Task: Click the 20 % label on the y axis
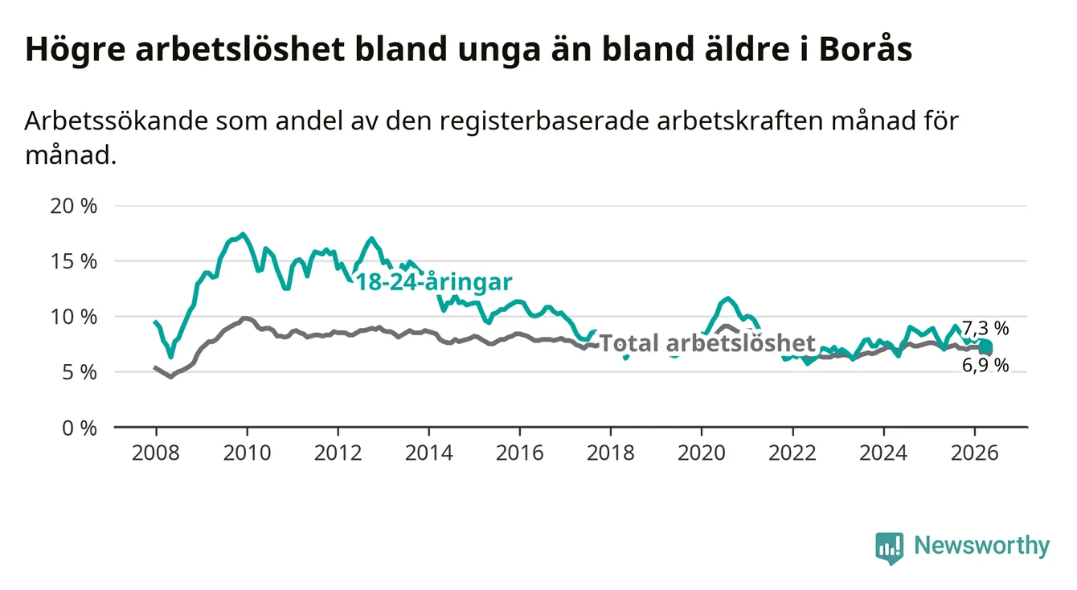[x=74, y=206]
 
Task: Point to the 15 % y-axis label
[x=74, y=261]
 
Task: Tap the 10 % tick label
[x=74, y=318]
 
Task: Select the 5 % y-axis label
[x=80, y=373]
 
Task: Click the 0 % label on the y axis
[x=80, y=428]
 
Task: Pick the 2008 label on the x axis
[x=156, y=453]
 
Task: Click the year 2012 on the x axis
[x=338, y=453]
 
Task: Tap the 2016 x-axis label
[x=520, y=453]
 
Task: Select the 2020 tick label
[x=702, y=453]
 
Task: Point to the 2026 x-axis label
[x=975, y=453]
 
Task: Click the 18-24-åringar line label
[x=434, y=282]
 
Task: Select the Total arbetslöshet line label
[x=708, y=343]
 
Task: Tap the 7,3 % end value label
[x=985, y=329]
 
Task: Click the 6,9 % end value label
[x=985, y=366]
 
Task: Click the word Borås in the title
[x=866, y=49]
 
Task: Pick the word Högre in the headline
[x=76, y=50]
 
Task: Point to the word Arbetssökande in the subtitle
[x=117, y=121]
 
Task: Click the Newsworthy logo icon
[x=889, y=548]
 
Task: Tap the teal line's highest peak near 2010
[x=244, y=234]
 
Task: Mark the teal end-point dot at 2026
[x=985, y=346]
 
